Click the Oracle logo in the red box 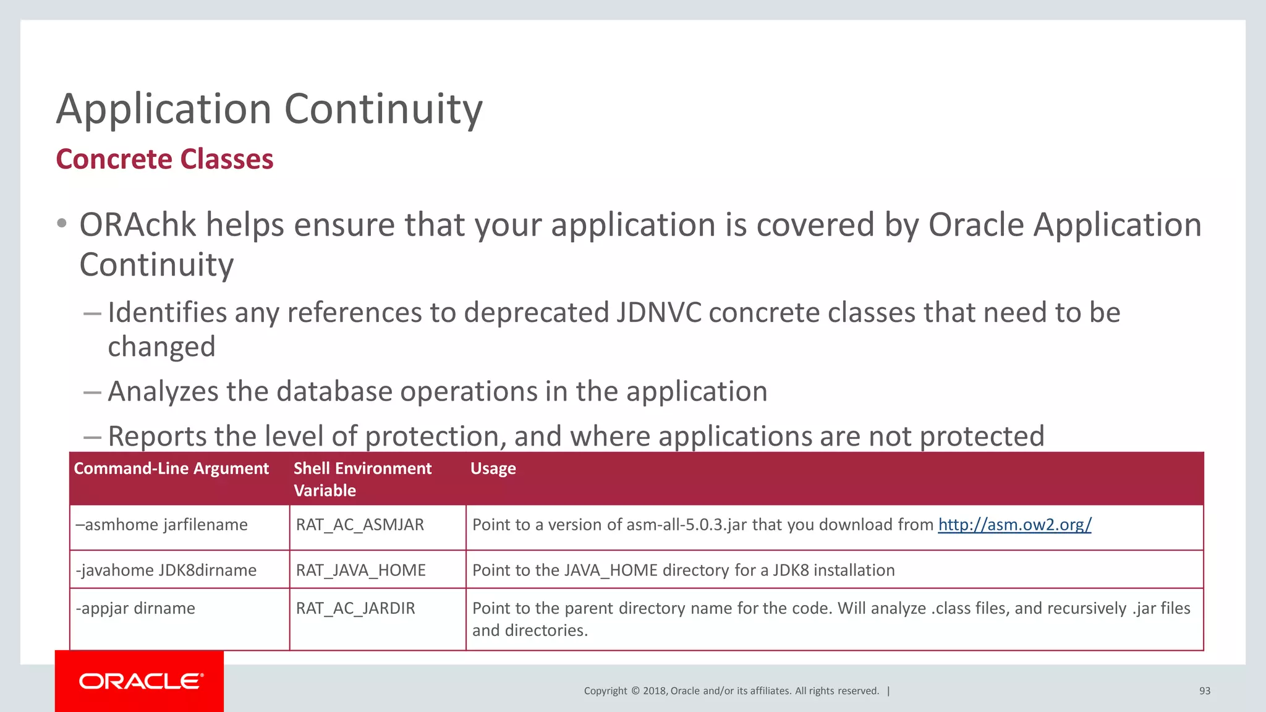point(140,681)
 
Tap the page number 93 point(1204,691)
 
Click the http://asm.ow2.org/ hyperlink point(1014,525)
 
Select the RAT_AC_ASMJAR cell point(360,525)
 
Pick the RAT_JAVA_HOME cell point(360,570)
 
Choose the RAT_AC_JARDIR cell point(355,608)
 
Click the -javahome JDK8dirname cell point(166,570)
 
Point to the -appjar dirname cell point(135,608)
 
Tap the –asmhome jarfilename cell point(161,525)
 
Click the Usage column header point(493,468)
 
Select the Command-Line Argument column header point(171,468)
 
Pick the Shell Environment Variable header point(362,479)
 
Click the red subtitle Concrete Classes point(164,159)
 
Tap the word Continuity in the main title point(383,109)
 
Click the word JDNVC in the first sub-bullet point(658,313)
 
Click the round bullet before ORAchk point(61,224)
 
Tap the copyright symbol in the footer point(634,691)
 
